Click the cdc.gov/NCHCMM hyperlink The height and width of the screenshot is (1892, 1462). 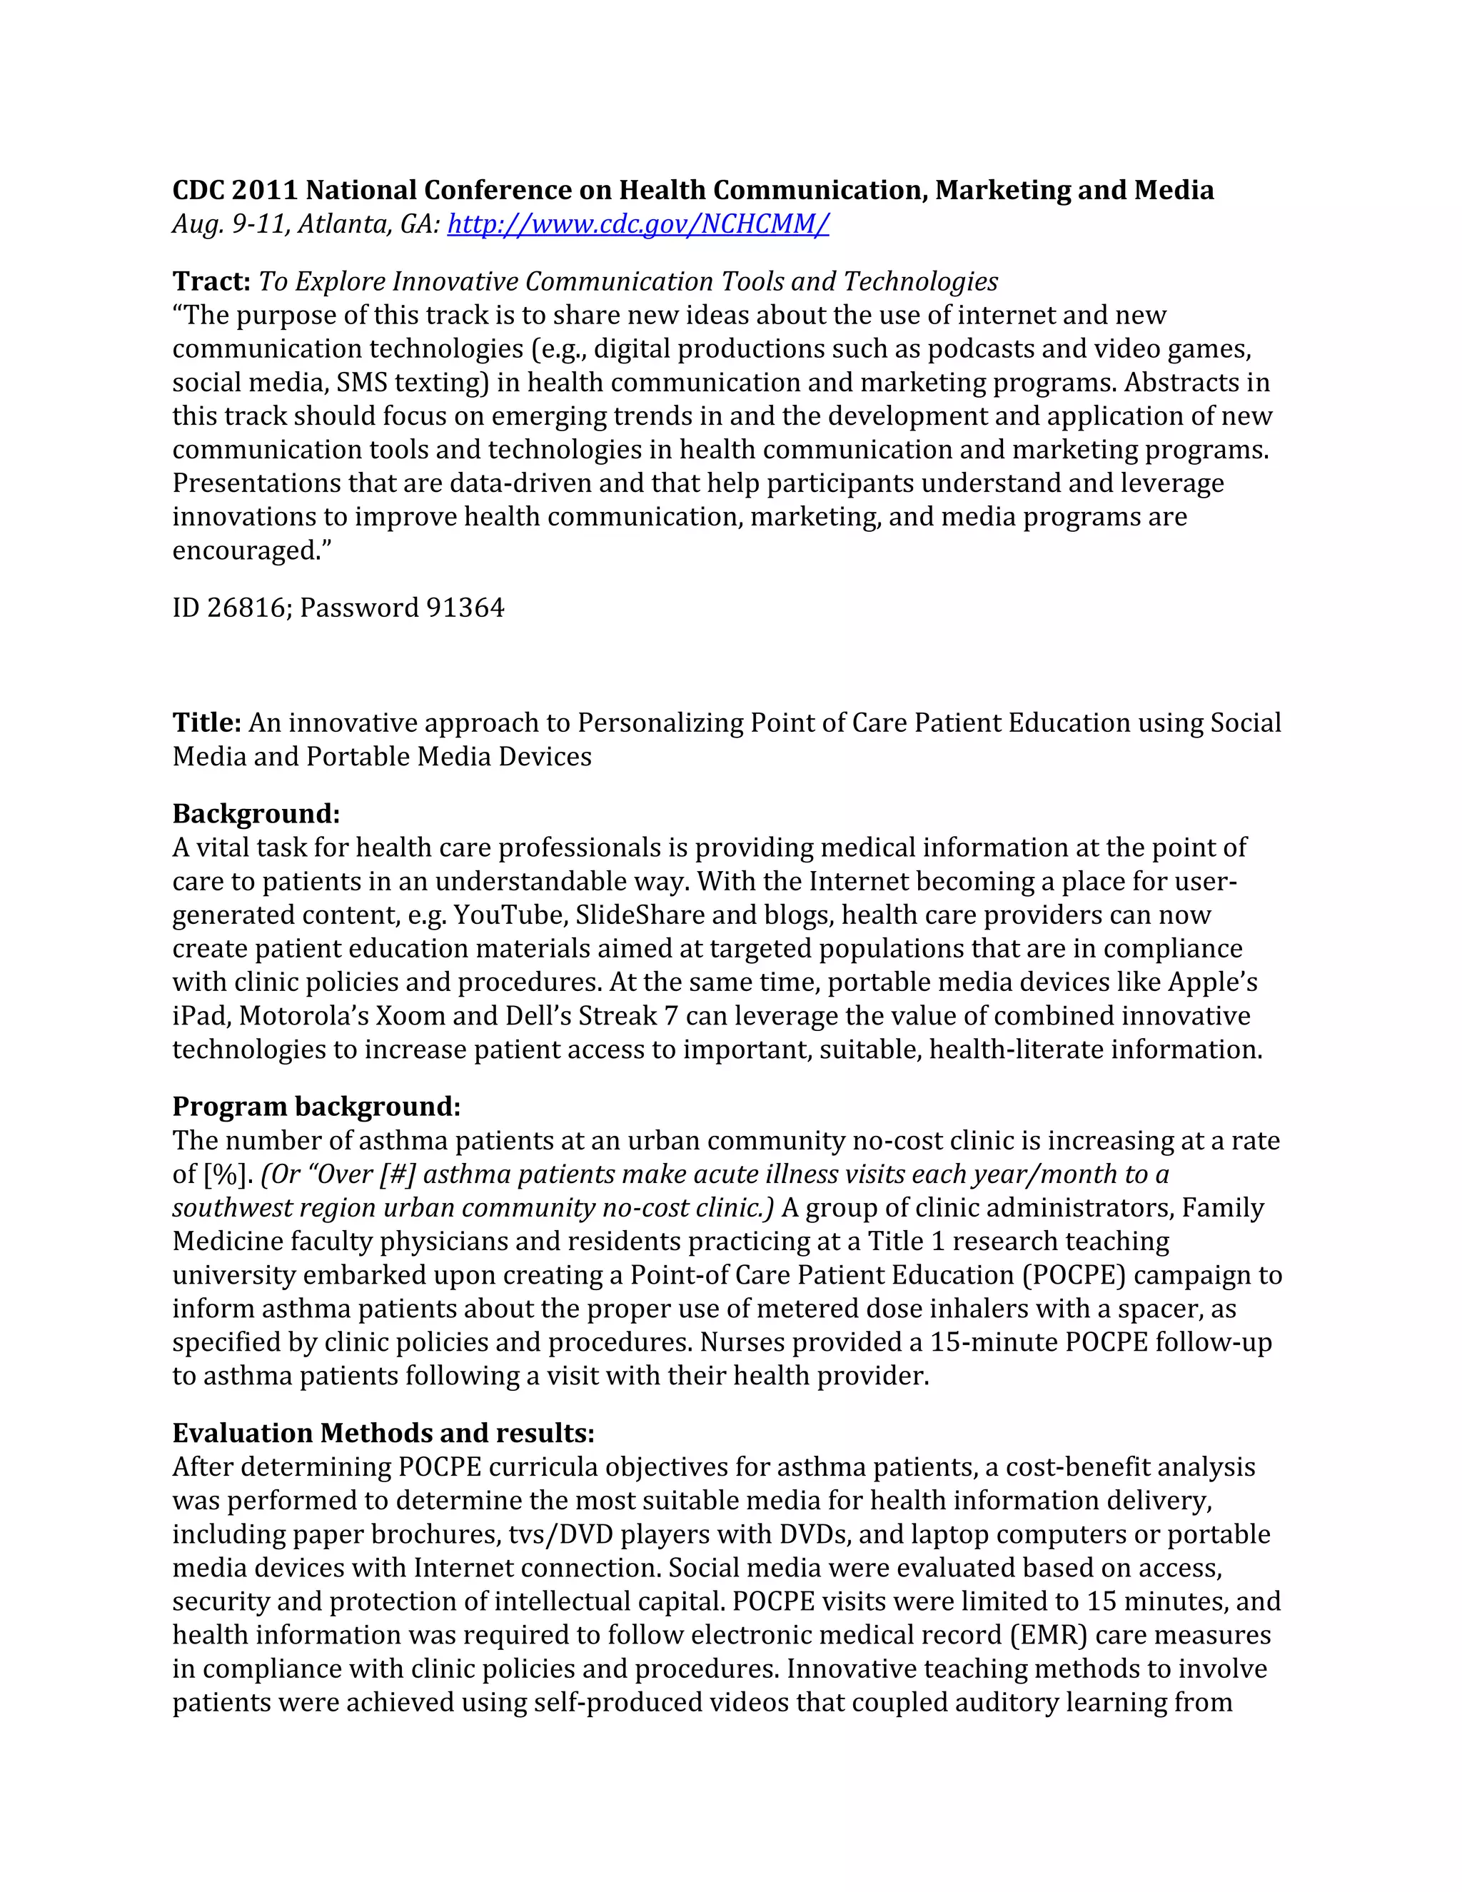pyautogui.click(x=637, y=223)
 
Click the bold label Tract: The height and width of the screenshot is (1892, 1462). pyautogui.click(x=211, y=281)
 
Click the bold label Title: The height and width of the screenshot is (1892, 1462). pyautogui.click(x=206, y=723)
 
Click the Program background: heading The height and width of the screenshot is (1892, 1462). pyautogui.click(x=316, y=1106)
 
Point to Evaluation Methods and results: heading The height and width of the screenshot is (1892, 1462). pyautogui.click(x=383, y=1433)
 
